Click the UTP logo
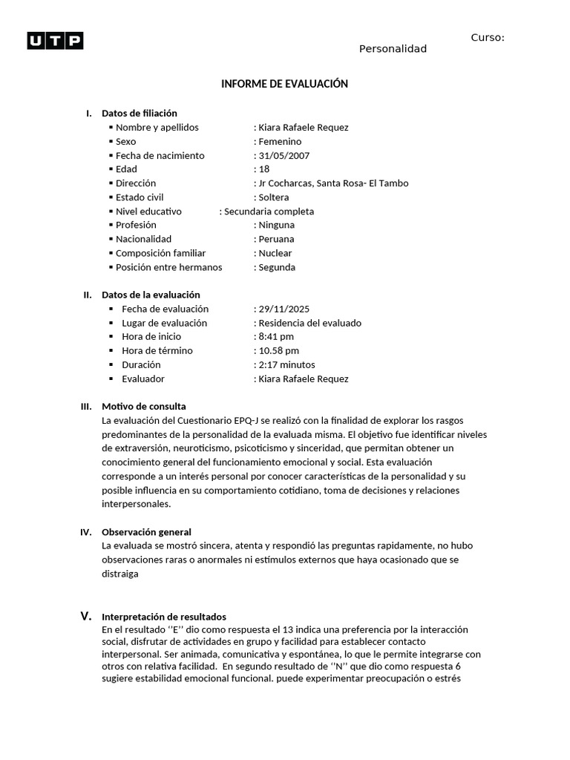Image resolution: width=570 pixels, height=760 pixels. (55, 41)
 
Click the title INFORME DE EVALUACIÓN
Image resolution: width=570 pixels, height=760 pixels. (284, 84)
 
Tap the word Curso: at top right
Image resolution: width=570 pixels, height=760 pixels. (488, 38)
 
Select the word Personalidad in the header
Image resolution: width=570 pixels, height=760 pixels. (393, 49)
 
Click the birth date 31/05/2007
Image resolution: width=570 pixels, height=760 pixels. (284, 156)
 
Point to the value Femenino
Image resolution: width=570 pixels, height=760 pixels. (279, 142)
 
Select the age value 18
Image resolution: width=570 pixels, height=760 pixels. (265, 169)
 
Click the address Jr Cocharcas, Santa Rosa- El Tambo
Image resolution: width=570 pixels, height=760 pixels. (332, 183)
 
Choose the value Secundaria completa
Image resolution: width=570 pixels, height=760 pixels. (269, 212)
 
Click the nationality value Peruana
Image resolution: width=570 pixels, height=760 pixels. (275, 239)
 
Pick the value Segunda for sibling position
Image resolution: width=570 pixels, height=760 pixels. (276, 267)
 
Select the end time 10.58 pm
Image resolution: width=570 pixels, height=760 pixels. (278, 350)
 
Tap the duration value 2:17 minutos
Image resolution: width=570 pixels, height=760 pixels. (286, 364)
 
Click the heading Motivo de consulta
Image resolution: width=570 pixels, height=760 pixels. (144, 406)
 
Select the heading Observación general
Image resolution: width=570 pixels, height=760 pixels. (146, 532)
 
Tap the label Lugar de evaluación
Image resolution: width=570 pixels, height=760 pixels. (164, 323)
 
